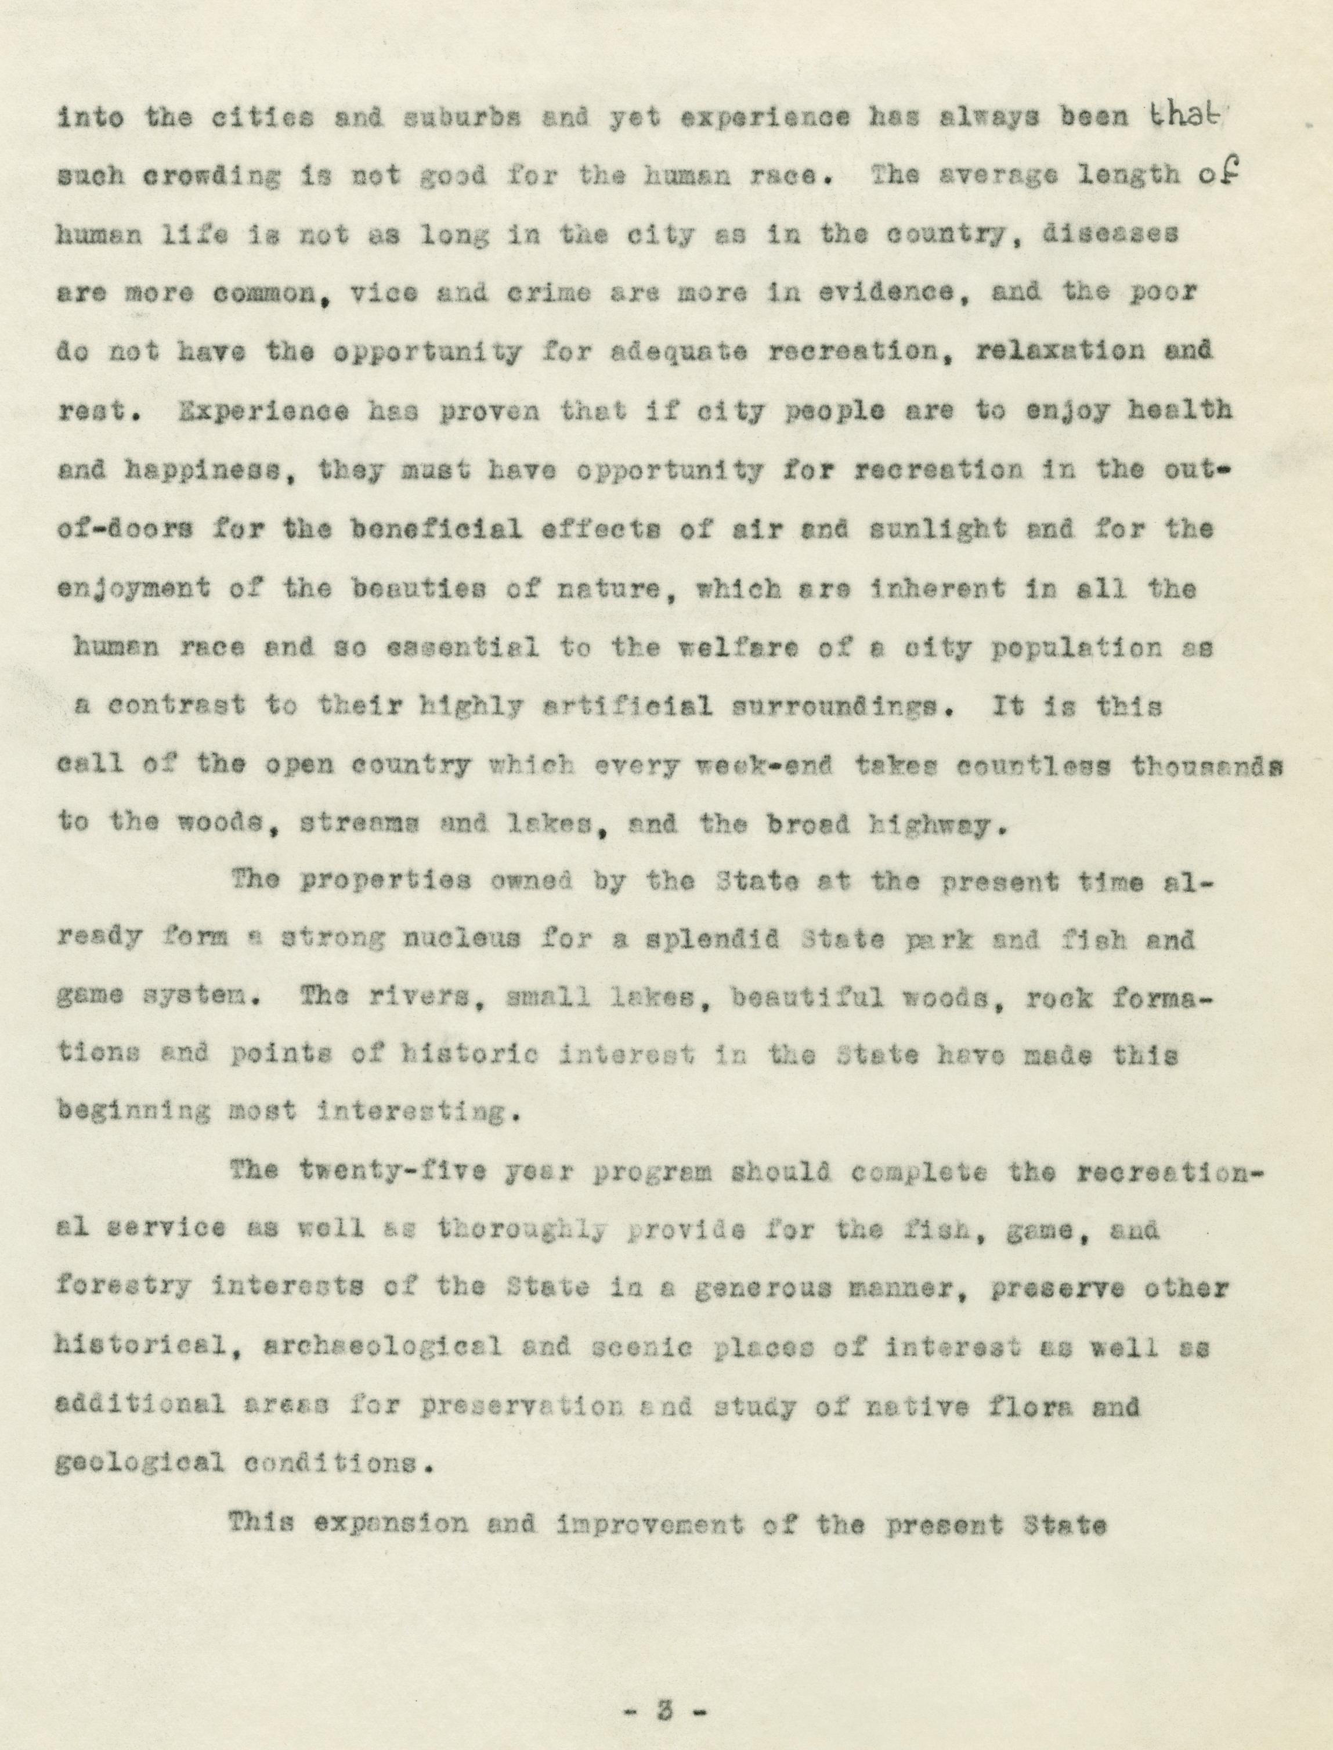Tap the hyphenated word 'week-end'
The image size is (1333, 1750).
pyautogui.click(x=763, y=765)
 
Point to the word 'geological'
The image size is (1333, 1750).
pyautogui.click(x=138, y=1463)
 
